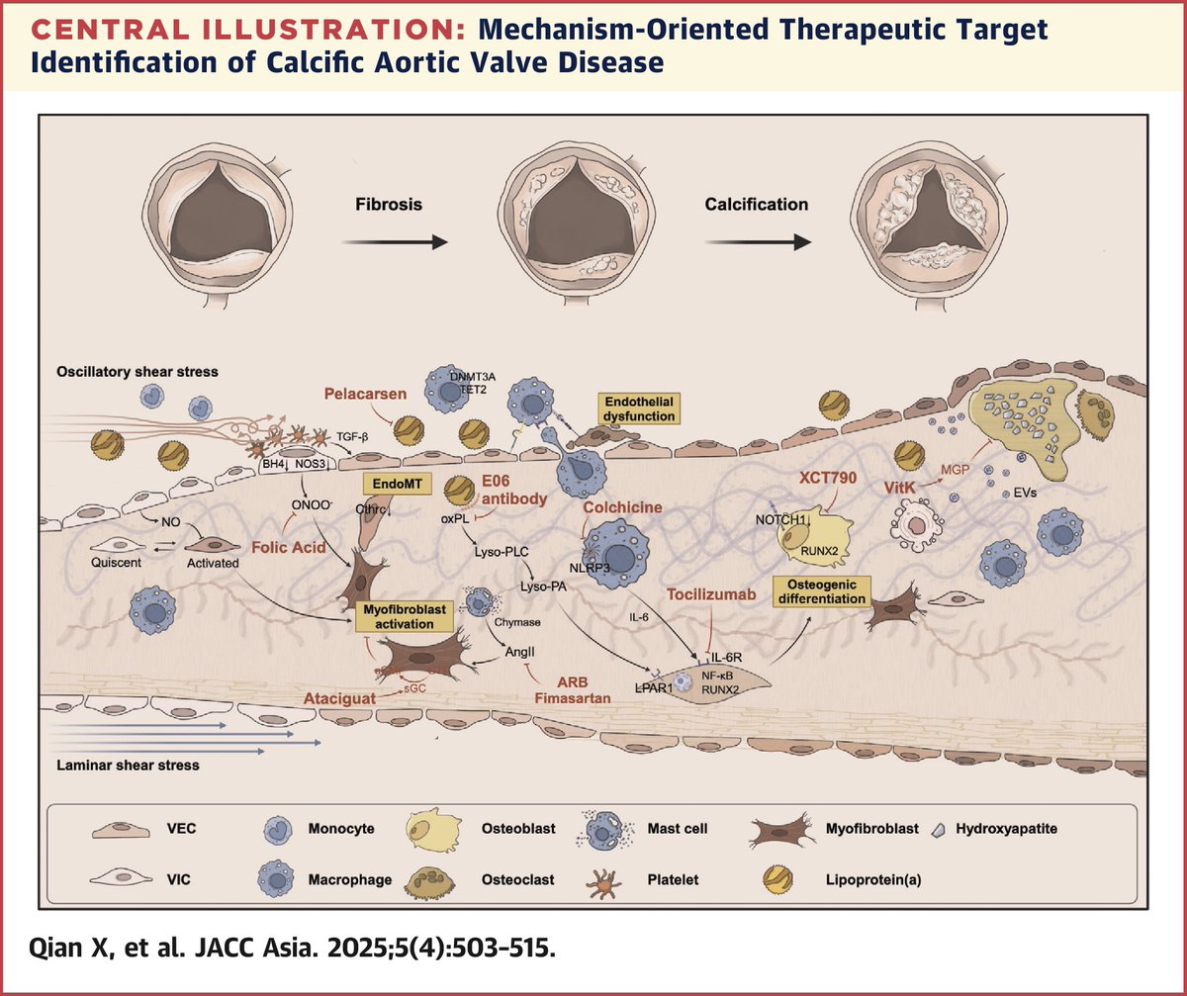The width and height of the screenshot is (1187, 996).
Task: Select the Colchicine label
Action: pyautogui.click(x=622, y=507)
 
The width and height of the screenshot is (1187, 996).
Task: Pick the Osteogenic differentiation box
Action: pyautogui.click(x=828, y=591)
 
